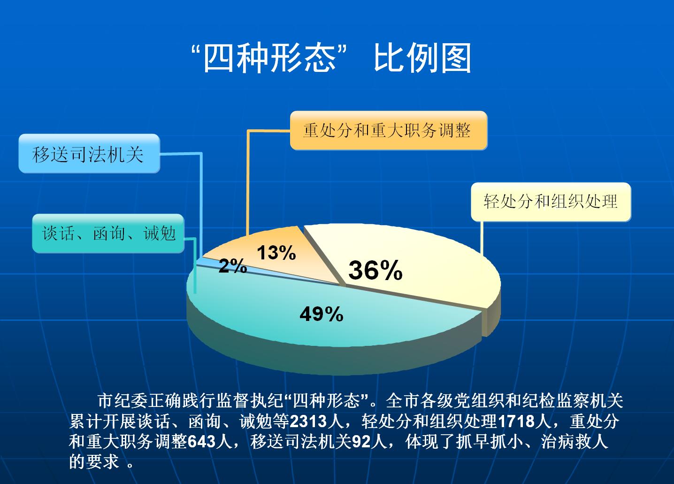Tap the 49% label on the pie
click(x=322, y=314)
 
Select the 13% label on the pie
click(x=276, y=252)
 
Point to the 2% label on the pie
click(x=233, y=266)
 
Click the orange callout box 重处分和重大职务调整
click(x=389, y=131)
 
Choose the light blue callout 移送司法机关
click(x=89, y=154)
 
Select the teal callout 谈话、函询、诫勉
click(x=108, y=234)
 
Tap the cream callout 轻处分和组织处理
click(x=551, y=202)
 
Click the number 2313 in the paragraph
click(x=308, y=421)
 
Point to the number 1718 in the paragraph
click(x=517, y=421)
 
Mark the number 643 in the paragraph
click(x=202, y=442)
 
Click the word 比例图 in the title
click(x=422, y=58)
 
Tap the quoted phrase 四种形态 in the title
click(x=269, y=58)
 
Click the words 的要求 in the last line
click(x=94, y=462)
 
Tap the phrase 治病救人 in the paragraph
click(x=574, y=442)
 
